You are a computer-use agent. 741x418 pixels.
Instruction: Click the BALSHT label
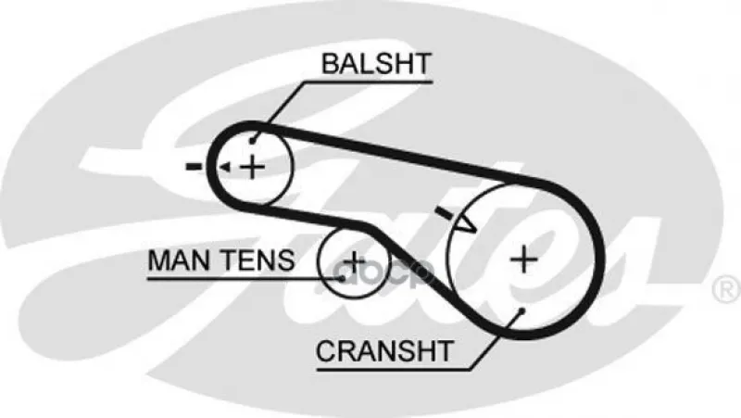tap(376, 63)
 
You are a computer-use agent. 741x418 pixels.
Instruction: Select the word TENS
tap(258, 260)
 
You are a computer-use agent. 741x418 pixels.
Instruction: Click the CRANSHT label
tap(384, 351)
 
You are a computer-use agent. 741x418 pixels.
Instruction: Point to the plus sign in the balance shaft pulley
tap(253, 167)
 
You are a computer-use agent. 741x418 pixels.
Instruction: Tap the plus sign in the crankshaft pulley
tap(524, 260)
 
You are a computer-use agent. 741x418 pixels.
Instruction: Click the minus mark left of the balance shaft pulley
tap(194, 166)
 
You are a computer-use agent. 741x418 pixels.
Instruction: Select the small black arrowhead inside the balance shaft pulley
tap(224, 167)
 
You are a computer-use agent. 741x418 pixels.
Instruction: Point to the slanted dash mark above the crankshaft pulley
tap(445, 213)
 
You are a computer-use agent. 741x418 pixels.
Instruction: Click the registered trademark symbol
tap(726, 289)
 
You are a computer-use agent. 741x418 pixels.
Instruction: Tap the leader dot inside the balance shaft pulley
tap(253, 141)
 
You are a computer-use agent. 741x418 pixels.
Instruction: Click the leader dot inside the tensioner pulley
tap(342, 279)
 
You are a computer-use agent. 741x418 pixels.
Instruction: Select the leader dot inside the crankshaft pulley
tap(521, 310)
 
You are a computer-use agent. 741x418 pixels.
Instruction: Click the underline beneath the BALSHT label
tap(368, 82)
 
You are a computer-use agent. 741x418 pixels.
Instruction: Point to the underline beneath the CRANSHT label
tap(394, 369)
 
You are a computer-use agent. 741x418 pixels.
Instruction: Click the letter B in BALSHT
tap(331, 63)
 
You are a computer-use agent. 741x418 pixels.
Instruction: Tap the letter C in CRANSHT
tap(326, 351)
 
